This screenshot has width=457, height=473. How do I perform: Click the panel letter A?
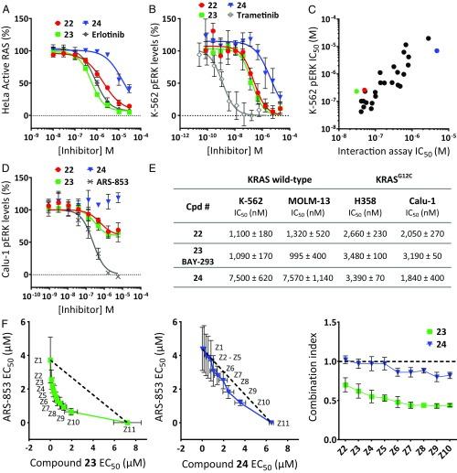7,8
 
